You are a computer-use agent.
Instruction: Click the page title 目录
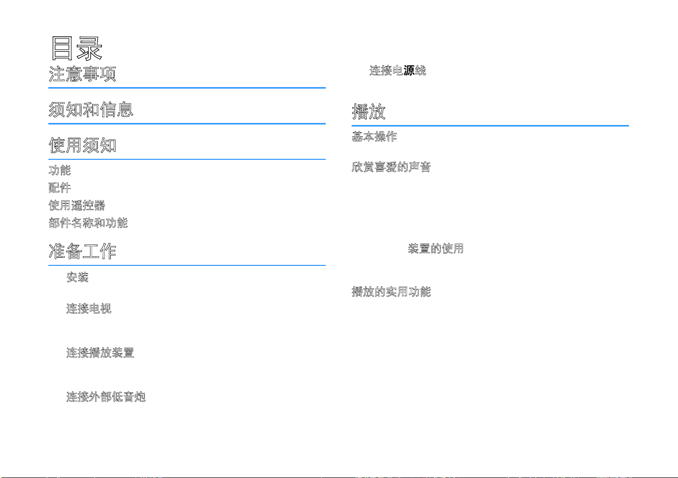pos(77,48)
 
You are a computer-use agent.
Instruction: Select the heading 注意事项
pos(82,74)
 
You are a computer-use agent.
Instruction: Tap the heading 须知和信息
pos(91,109)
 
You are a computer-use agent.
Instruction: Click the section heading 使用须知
pos(82,145)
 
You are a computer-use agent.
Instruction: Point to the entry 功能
pos(59,170)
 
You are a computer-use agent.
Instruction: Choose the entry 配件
pos(59,188)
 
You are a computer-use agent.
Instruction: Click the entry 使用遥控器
pos(77,205)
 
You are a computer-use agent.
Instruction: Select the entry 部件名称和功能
pos(88,223)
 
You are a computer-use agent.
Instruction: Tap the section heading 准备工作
pos(82,251)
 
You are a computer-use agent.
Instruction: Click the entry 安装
pos(77,277)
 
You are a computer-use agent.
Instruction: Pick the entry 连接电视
pos(89,308)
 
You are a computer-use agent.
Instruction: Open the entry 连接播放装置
pos(100,352)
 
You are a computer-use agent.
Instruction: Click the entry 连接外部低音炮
pos(106,397)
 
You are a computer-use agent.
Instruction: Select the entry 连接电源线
pos(398,71)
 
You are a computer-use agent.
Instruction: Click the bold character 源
pos(409,71)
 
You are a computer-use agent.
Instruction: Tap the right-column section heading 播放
pos(369,112)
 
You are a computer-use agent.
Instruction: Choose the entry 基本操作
pos(374,137)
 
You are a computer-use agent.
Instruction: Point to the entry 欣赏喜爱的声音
pos(391,167)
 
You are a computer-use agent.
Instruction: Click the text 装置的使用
pos(436,248)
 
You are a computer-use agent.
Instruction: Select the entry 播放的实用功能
pos(391,292)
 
